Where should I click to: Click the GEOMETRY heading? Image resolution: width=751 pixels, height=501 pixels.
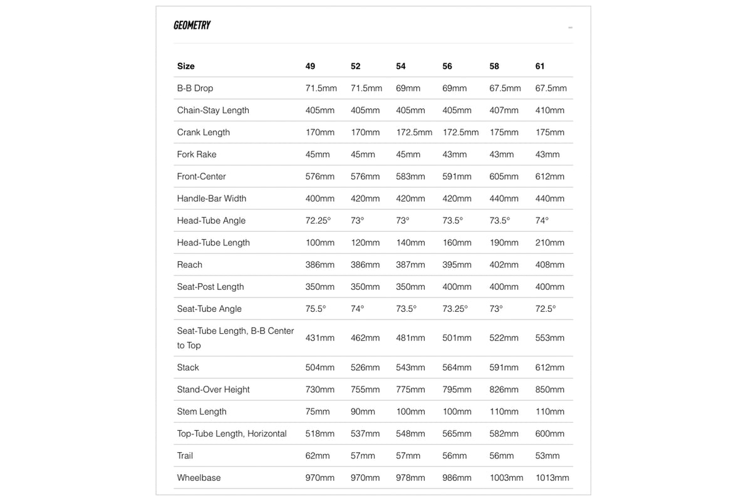[x=192, y=25]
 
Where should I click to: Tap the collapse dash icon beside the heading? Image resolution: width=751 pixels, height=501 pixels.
[x=570, y=28]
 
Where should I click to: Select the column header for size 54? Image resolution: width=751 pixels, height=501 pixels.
[x=401, y=66]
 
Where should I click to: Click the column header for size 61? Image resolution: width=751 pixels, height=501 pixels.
[x=540, y=66]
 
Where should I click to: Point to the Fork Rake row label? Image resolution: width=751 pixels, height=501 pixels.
[x=197, y=154]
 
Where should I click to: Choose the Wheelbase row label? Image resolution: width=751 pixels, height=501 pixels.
[x=199, y=477]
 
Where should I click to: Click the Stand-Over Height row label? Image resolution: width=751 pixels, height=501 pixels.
[x=213, y=390]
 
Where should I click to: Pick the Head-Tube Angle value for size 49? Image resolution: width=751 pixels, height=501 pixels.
[x=318, y=220]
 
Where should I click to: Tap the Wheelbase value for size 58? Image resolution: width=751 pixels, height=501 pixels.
[x=506, y=477]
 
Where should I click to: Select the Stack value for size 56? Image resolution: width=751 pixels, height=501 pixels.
[x=457, y=368]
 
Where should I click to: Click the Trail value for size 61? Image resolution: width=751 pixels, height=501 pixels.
[x=547, y=455]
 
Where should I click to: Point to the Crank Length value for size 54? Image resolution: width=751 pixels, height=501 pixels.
[x=414, y=132]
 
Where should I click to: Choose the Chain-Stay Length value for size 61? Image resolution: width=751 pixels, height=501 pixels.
[x=550, y=110]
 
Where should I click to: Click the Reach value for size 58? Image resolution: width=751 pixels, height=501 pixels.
[x=504, y=265]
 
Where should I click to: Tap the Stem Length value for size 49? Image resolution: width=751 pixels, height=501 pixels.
[x=318, y=411]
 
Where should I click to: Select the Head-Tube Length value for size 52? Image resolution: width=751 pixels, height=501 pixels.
[x=365, y=242]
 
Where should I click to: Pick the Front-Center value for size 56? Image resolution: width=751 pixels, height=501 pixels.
[x=457, y=177]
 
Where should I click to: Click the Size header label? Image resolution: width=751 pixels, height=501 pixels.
[x=185, y=66]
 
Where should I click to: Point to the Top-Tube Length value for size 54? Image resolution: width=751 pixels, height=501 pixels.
[x=410, y=433]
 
